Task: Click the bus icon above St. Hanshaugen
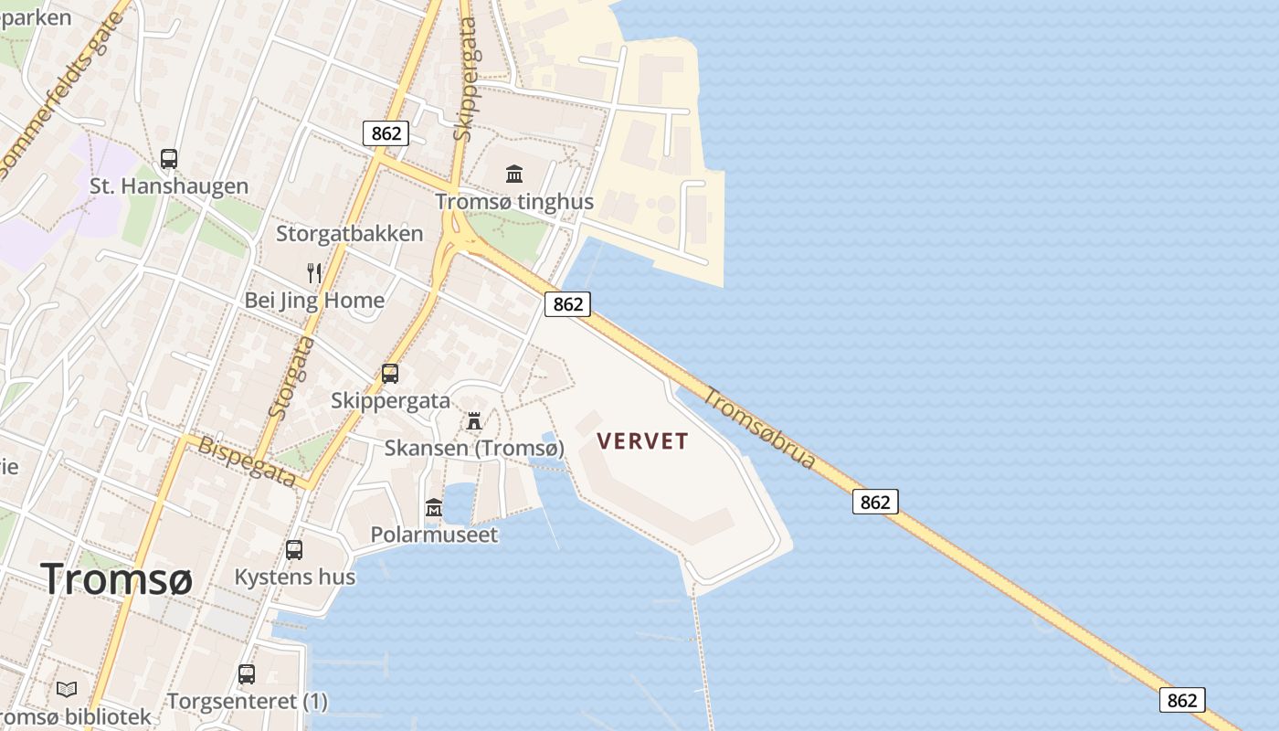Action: point(169,159)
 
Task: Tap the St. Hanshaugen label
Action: point(169,186)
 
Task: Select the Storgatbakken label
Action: point(350,234)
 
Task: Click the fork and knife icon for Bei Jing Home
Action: point(314,272)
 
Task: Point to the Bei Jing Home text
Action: point(314,301)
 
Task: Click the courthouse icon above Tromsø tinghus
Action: point(514,174)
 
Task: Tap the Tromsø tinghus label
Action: point(514,202)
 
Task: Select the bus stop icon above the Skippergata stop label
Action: point(390,373)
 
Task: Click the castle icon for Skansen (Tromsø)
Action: point(474,421)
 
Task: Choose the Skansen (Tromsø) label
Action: point(474,449)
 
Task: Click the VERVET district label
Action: point(642,441)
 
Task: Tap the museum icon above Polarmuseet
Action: point(434,507)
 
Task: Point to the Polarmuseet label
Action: point(434,535)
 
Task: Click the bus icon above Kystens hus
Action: point(294,550)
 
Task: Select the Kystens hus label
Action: point(294,577)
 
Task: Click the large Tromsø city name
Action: point(116,579)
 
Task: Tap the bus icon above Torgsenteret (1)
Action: point(247,674)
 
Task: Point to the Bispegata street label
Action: point(248,461)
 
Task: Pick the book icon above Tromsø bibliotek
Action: point(67,690)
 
